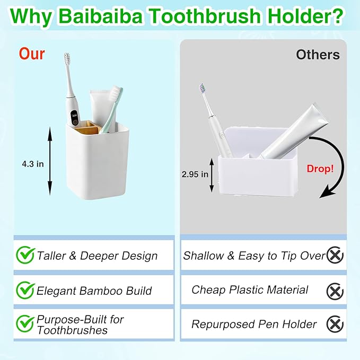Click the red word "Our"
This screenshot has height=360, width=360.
pos(32,54)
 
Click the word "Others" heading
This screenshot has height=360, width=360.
pos(318,55)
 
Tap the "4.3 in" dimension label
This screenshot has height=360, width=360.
pos(33,164)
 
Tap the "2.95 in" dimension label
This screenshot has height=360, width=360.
pos(195,174)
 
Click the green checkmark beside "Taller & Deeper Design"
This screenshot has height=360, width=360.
pos(25,255)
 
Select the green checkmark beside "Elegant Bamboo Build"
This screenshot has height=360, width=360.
pos(25,290)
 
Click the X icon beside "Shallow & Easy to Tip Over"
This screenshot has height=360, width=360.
pos(335,256)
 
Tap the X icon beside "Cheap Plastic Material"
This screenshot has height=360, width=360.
pos(335,291)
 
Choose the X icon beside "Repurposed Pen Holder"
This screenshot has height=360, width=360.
pos(335,323)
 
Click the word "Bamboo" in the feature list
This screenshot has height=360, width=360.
pos(102,291)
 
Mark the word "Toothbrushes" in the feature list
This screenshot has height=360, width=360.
pos(72,330)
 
